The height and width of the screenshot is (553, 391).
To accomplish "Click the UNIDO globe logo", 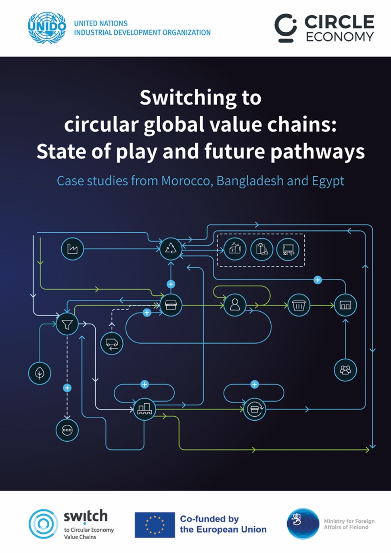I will point(47,27).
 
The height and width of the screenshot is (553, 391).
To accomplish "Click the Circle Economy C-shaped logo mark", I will point(285,27).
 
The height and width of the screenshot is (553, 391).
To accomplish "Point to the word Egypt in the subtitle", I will point(328,181).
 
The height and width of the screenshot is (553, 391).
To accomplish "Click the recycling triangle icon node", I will point(171,249).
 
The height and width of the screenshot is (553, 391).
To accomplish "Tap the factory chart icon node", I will point(73,249).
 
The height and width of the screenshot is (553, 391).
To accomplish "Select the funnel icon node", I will point(67,324).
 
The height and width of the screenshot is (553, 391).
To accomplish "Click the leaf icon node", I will point(40,373).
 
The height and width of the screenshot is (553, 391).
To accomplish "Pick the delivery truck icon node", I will point(112,343).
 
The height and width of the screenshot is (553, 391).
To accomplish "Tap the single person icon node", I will point(235,305).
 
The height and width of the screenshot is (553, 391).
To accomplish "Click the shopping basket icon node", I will point(299,305).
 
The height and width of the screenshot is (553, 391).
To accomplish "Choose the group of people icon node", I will point(345,370).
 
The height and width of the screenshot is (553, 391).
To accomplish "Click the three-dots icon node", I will point(67,430).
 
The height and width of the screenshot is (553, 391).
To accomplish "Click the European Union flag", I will point(155,525).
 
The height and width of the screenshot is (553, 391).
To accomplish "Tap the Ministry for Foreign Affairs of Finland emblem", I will point(303,523).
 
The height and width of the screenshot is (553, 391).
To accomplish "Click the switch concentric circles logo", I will point(43,524).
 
